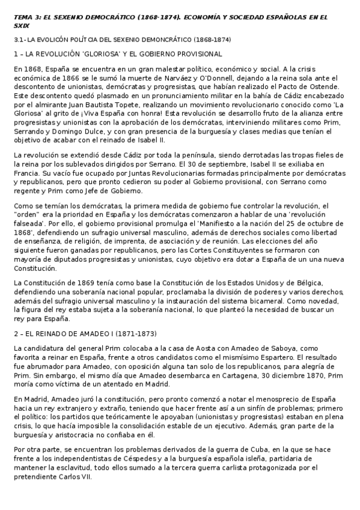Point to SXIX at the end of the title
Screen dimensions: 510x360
pyautogui.click(x=22, y=26)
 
